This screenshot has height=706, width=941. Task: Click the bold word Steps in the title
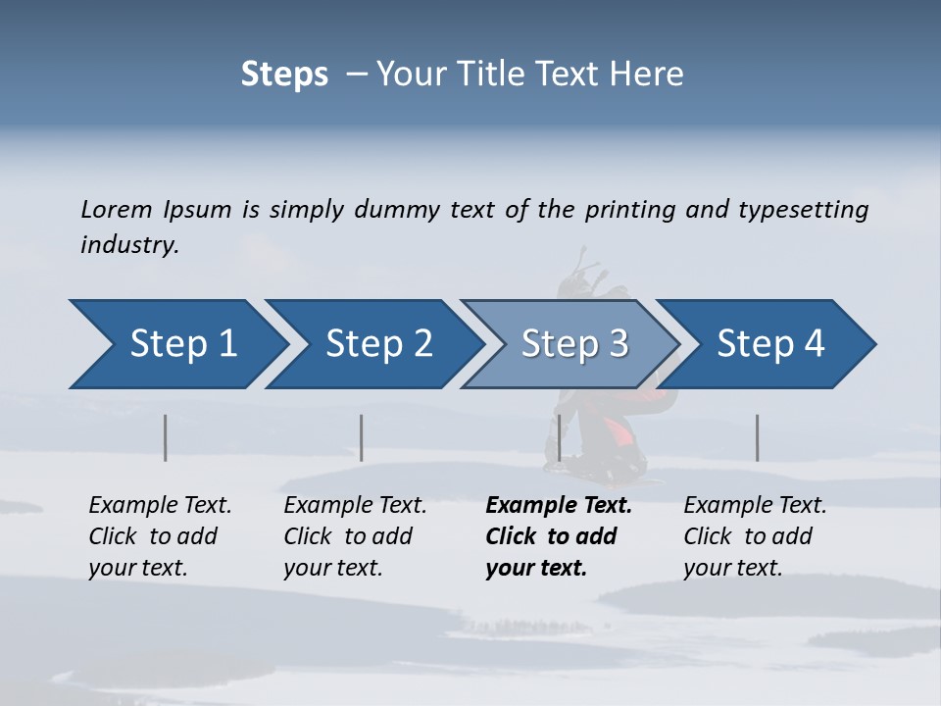coord(284,74)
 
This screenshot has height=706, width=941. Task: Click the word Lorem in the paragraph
coord(116,209)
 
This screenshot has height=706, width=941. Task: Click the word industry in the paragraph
coord(129,244)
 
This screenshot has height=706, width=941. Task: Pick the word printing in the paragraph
coord(626,209)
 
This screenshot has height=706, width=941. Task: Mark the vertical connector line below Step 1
coord(166,437)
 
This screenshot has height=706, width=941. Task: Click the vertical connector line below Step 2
coord(362,437)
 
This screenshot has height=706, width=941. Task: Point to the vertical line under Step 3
coord(559,437)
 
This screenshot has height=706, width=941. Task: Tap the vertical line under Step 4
coord(757,437)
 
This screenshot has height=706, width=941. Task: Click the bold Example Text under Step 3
coord(559,505)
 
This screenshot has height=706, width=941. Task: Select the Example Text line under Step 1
coord(160,505)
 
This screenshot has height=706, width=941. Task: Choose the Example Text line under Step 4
coord(755,505)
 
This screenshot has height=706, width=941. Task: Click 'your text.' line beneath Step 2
coord(332,568)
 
